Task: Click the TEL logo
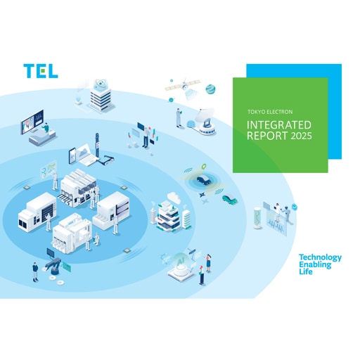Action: (x=41, y=71)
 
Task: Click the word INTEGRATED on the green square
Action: (x=279, y=125)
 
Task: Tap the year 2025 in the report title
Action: (x=301, y=136)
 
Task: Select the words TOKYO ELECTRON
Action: (x=270, y=112)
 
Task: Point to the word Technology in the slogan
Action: (x=320, y=258)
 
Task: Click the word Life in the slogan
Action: (x=306, y=271)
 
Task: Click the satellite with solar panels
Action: (x=183, y=86)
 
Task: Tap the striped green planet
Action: (x=210, y=89)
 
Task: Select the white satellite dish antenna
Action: (x=205, y=122)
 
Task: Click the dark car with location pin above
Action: (x=203, y=180)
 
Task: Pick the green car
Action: (x=229, y=199)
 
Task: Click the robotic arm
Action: (x=53, y=266)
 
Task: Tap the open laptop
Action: (x=85, y=154)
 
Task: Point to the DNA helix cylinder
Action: (x=258, y=218)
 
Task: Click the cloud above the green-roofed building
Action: (x=174, y=198)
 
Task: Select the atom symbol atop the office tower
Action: (x=101, y=84)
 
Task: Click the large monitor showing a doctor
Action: (x=32, y=122)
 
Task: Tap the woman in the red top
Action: (x=202, y=275)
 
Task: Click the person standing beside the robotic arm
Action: (x=35, y=272)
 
